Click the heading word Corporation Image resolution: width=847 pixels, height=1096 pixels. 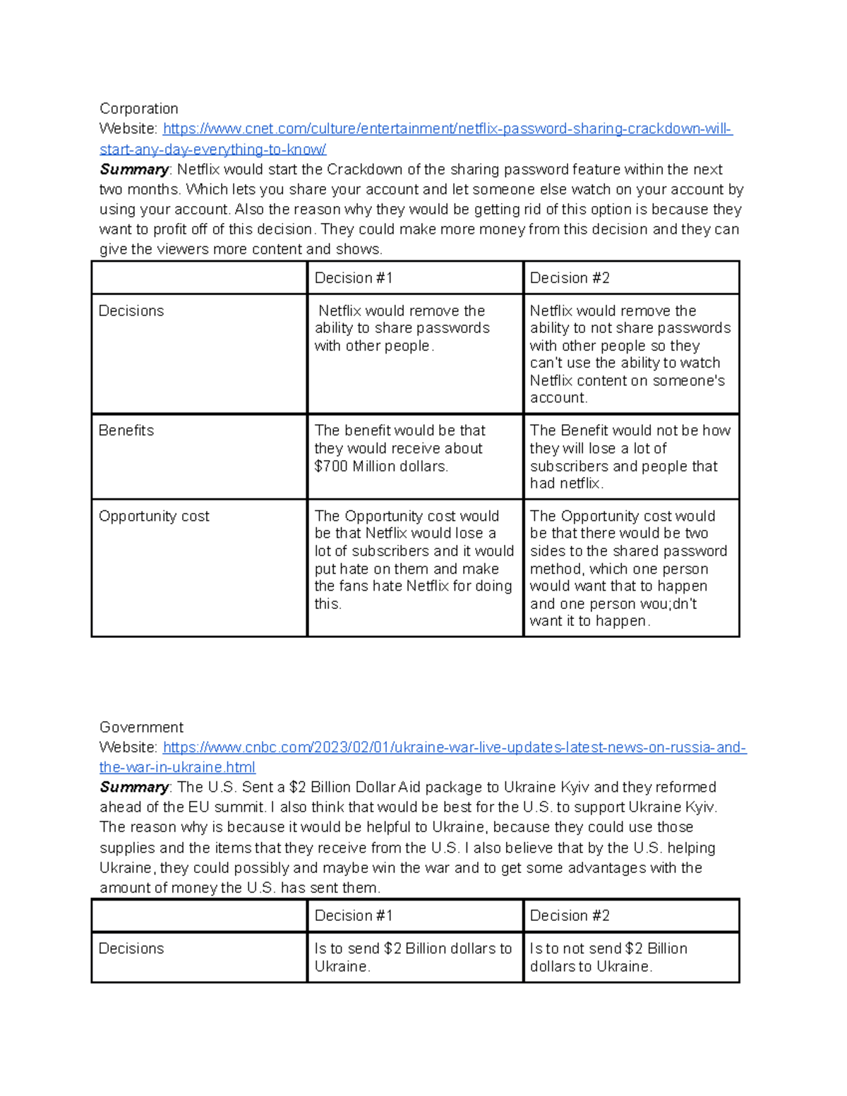point(138,108)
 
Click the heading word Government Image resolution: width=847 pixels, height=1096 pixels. point(141,727)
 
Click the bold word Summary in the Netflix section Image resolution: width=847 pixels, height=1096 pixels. point(134,169)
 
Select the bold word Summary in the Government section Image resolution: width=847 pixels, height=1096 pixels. point(134,787)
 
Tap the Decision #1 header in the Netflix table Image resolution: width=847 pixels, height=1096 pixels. point(353,278)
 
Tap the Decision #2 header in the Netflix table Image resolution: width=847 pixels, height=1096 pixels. point(569,278)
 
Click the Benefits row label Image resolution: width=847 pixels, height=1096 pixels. point(126,430)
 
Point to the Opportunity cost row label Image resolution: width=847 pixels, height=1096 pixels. point(154,516)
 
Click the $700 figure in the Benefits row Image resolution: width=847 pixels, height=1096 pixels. point(331,466)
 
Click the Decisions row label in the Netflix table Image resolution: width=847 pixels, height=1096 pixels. point(131,311)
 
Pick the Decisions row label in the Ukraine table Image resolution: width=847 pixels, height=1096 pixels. point(131,949)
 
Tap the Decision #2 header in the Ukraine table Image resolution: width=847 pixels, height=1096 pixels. point(569,915)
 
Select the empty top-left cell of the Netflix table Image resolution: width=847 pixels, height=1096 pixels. point(199,278)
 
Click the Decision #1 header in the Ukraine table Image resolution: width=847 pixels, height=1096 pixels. point(353,915)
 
